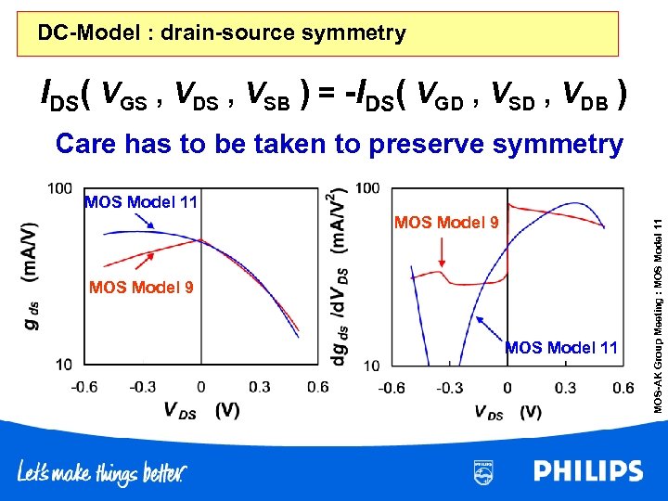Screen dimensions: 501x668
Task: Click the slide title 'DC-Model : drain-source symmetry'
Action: click(222, 34)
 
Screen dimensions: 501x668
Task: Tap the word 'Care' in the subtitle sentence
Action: click(94, 144)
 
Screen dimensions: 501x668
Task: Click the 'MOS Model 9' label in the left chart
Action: click(142, 288)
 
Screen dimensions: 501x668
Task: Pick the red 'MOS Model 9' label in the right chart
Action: click(447, 223)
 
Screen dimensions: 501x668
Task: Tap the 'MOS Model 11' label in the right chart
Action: click(561, 348)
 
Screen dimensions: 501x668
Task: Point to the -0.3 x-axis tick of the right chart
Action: click(449, 386)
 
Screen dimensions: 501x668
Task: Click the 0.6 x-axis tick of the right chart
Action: click(623, 386)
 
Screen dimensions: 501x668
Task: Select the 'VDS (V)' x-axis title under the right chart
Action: click(507, 411)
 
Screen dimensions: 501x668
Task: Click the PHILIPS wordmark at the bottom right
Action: click(588, 471)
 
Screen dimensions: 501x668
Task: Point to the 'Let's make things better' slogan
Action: click(102, 473)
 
